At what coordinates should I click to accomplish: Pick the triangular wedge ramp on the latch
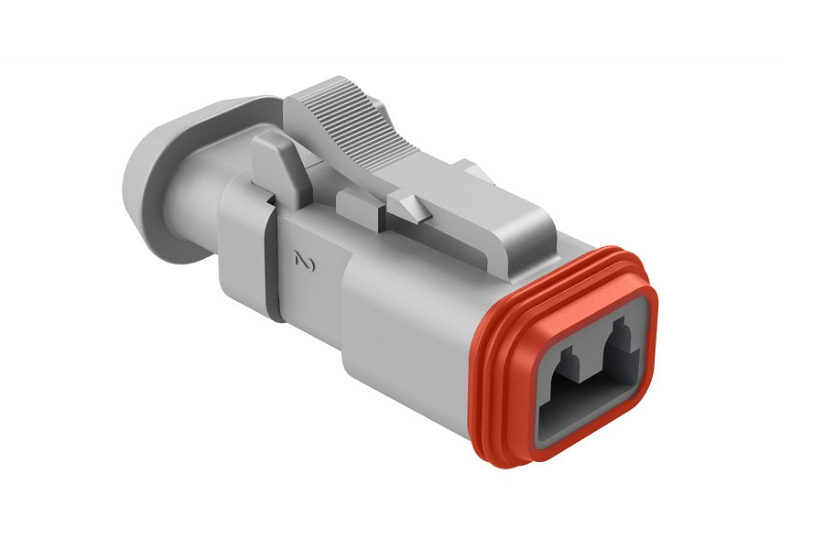411,203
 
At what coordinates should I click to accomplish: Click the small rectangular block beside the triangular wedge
359,208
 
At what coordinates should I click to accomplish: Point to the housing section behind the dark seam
243,247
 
